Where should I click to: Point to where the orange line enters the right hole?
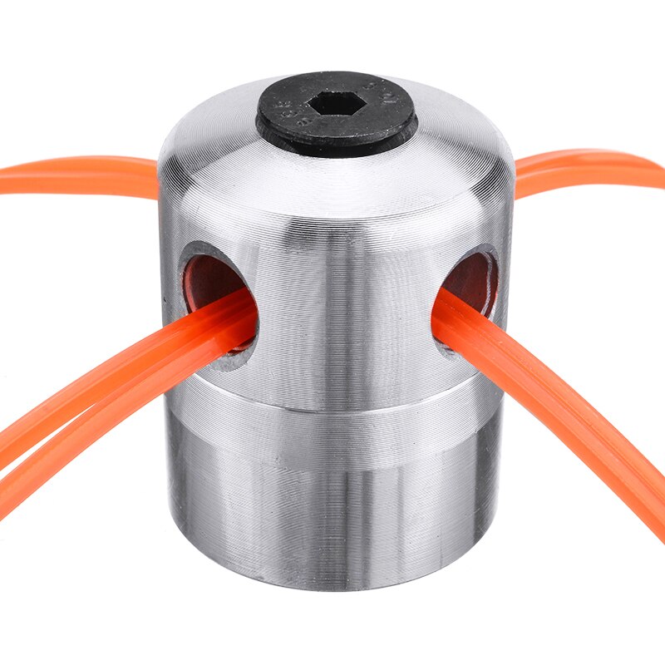click(x=449, y=312)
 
